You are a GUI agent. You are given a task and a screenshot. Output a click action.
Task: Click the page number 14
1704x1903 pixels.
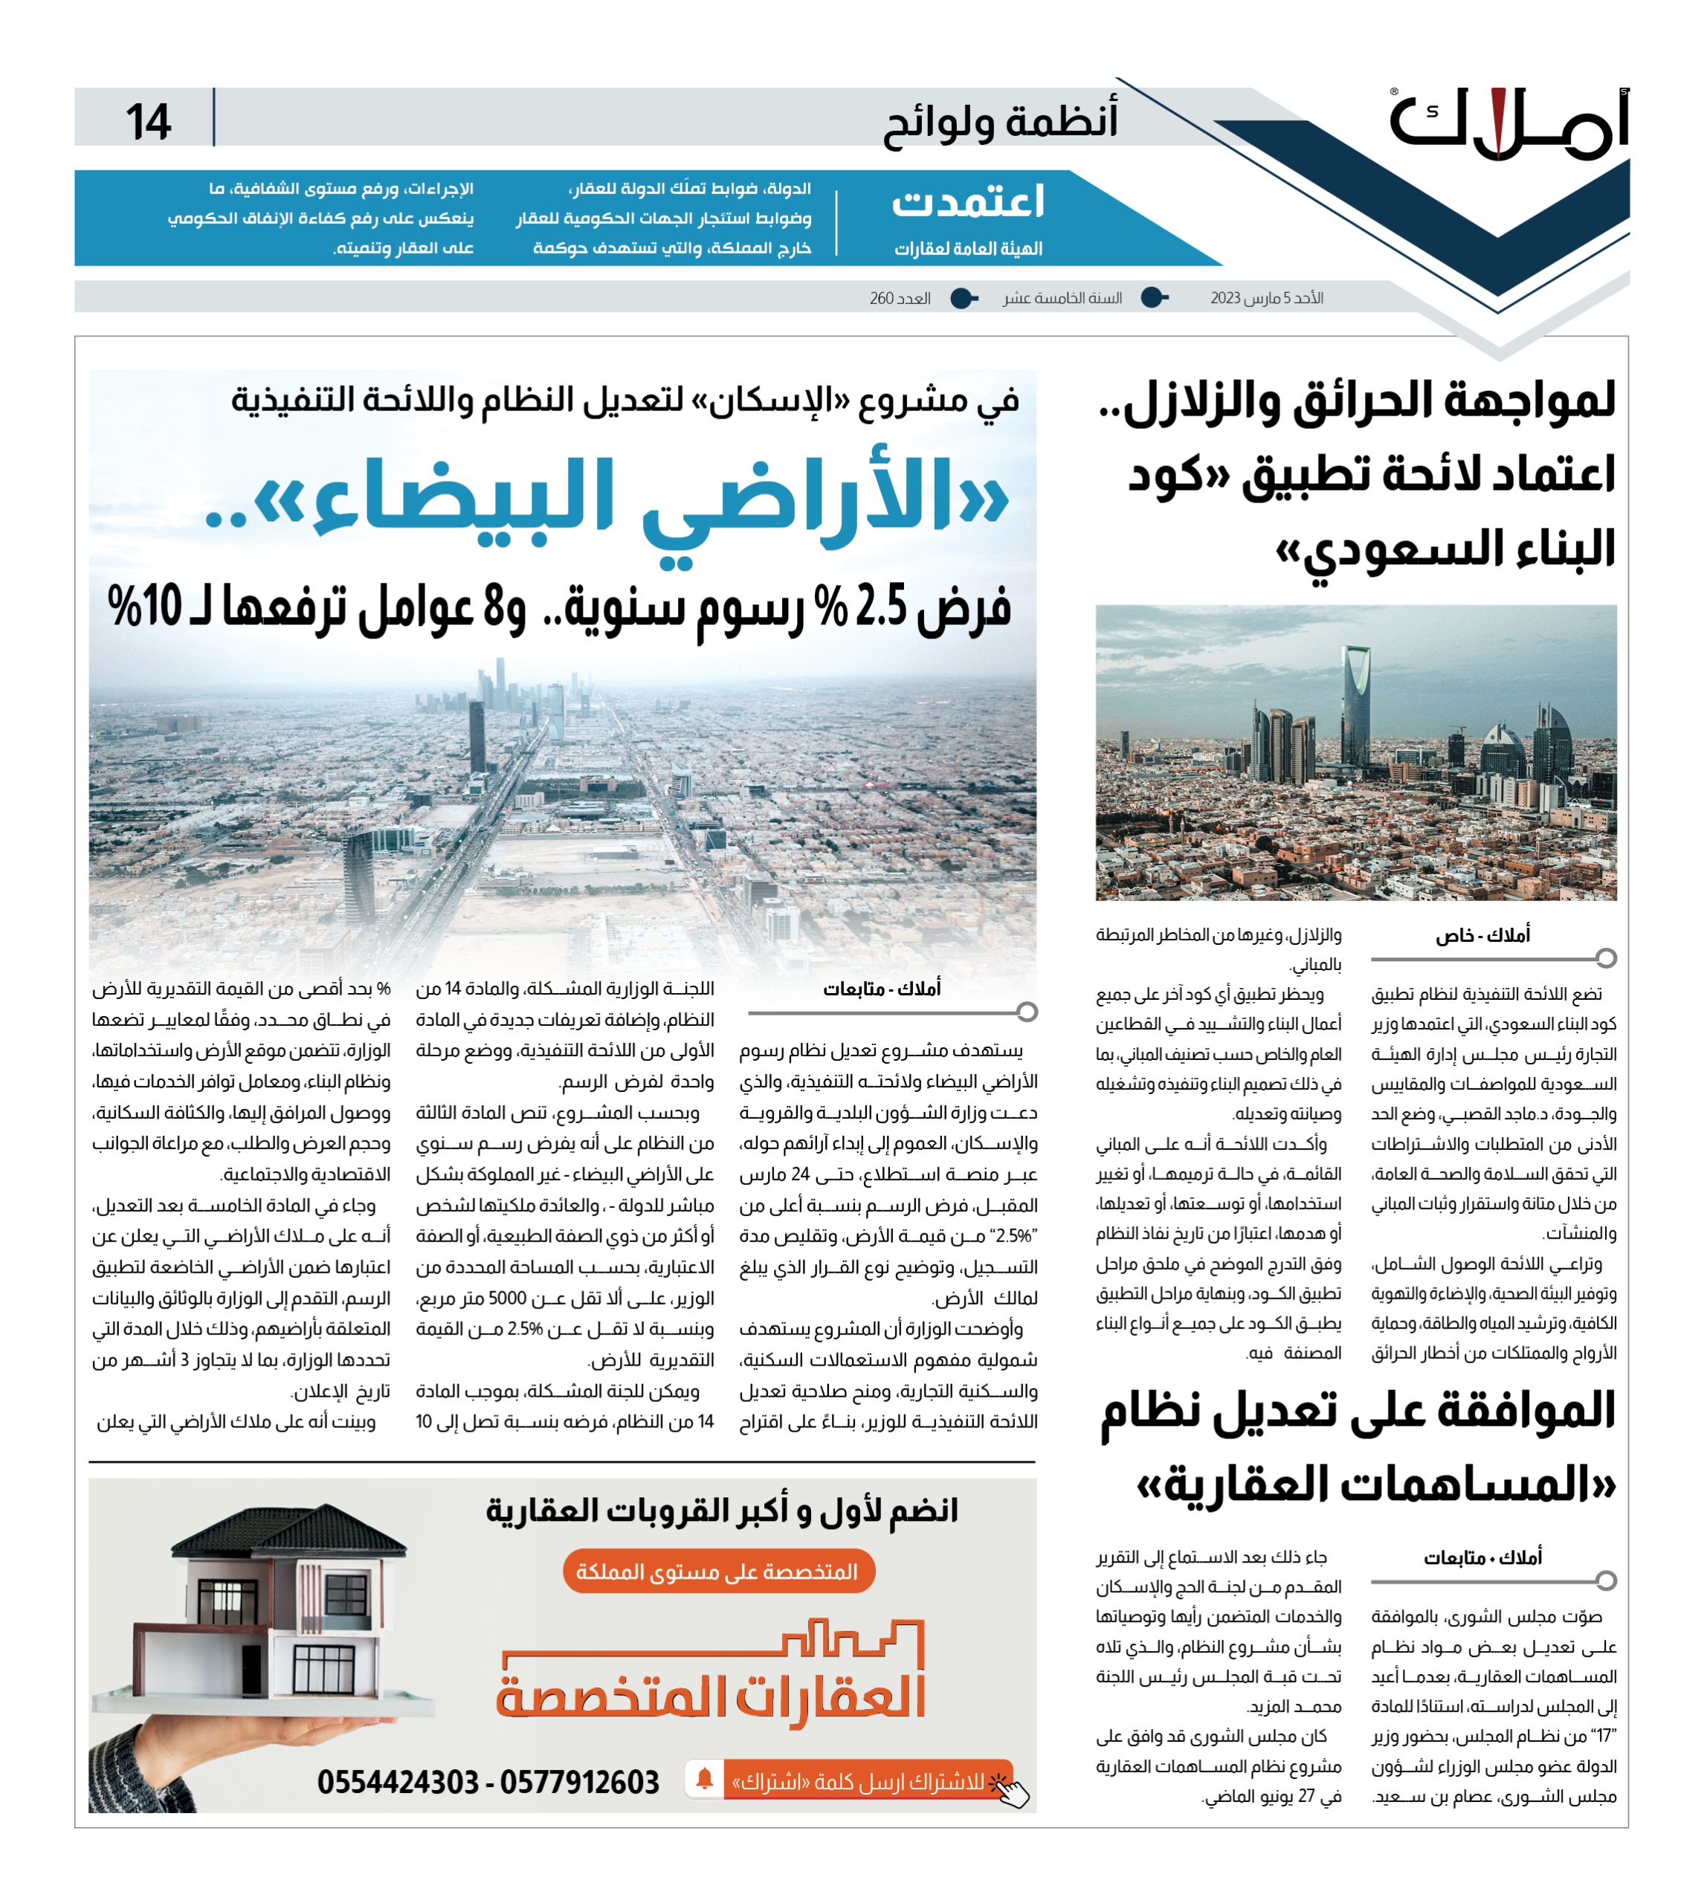pos(148,122)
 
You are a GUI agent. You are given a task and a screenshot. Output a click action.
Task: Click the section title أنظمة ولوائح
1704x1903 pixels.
pos(1000,123)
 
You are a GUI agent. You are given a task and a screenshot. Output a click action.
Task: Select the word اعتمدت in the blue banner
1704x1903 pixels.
pos(968,202)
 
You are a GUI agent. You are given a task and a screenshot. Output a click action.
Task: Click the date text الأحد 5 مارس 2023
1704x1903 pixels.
pos(1266,297)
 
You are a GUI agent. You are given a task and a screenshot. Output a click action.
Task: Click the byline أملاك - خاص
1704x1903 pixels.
pos(1482,935)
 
